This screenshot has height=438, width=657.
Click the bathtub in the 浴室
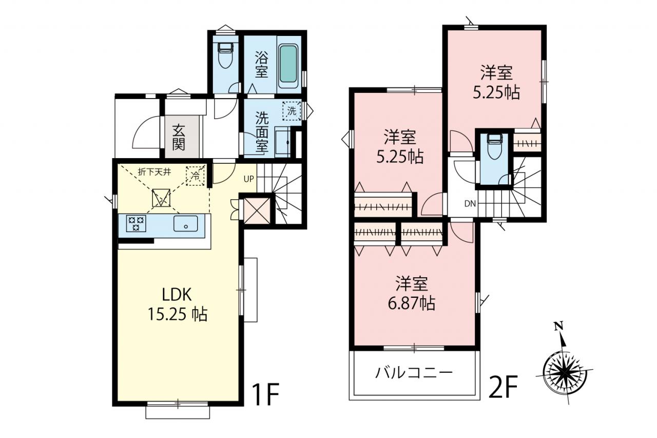pos(289,64)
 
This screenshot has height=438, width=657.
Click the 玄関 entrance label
pos(178,137)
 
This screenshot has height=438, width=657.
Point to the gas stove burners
pos(136,223)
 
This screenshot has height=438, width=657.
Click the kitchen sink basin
pos(185,223)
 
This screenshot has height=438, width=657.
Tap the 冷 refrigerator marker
pos(195,176)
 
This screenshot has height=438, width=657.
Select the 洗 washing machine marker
pos(292,111)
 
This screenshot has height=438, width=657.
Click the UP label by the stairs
pos(249,179)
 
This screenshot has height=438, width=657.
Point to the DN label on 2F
pos(470,204)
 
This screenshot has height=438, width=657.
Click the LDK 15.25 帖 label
pos(177,304)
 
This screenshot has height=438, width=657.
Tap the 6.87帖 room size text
pos(412,303)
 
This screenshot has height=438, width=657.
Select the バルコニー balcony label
pos(414,373)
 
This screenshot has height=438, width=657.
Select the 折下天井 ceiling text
pos(154,172)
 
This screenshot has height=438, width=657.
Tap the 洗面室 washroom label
pos(262,132)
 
